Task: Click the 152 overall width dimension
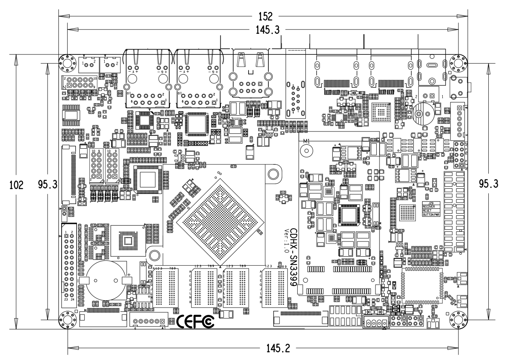click(x=266, y=17)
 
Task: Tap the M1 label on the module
click(x=306, y=141)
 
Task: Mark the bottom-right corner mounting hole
click(x=458, y=320)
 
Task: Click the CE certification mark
click(x=186, y=321)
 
